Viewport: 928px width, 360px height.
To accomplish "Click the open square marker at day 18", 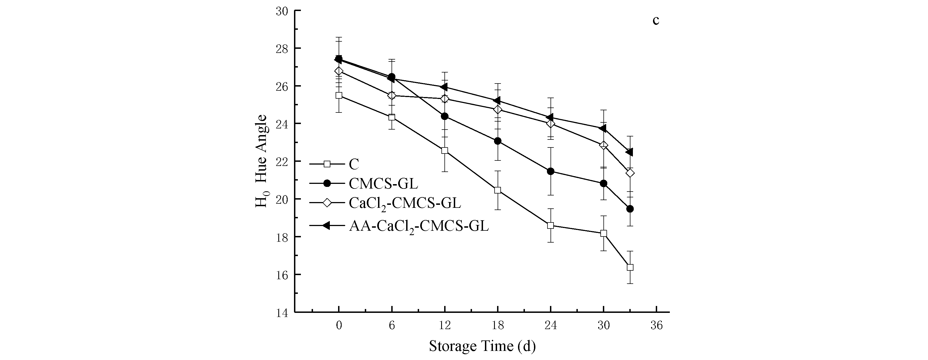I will click(x=498, y=190).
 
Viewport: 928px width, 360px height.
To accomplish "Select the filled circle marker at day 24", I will click(x=551, y=171).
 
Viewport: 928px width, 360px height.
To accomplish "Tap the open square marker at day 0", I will click(x=339, y=95).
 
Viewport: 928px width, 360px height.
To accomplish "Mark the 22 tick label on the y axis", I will click(x=282, y=162).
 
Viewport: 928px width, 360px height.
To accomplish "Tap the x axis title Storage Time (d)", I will click(x=482, y=346).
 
